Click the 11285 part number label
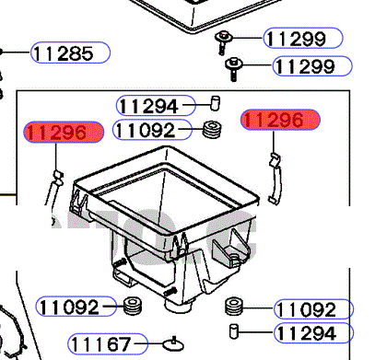(x=70, y=52)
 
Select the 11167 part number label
(x=108, y=343)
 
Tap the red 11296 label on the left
(x=64, y=133)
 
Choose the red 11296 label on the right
(x=280, y=120)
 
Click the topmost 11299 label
(x=303, y=38)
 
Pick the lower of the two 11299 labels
(x=312, y=66)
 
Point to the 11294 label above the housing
(x=156, y=106)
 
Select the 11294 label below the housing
(x=313, y=332)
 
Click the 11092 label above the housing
(x=153, y=130)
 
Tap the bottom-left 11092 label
(x=76, y=307)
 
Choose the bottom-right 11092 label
(x=313, y=309)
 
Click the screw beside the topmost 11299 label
(x=224, y=42)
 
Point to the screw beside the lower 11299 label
(x=234, y=69)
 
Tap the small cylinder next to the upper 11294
(x=216, y=103)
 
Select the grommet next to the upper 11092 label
(x=212, y=130)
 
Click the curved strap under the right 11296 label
(x=275, y=178)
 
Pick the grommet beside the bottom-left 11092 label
(x=133, y=306)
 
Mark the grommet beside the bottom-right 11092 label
(x=234, y=306)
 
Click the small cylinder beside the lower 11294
(x=234, y=331)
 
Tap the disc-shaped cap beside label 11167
(x=173, y=344)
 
